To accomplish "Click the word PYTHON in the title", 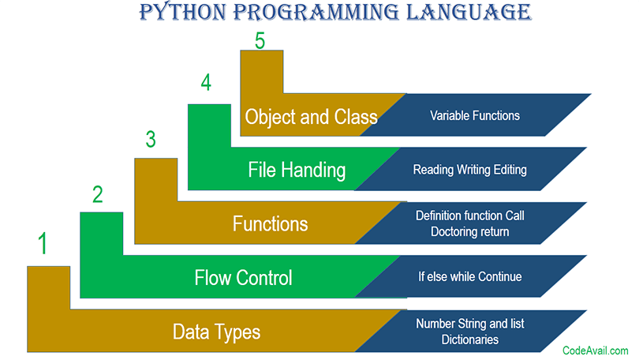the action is (182, 12).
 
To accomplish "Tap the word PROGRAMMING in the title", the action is (316, 12).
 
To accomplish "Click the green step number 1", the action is (43, 243).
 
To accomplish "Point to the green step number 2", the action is (97, 194).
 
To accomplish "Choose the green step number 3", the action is (151, 139).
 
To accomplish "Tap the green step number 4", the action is (206, 82).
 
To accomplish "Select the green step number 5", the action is (260, 41).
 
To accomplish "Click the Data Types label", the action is (216, 332).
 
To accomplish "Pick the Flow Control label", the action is (243, 278).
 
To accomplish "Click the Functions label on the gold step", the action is (270, 224).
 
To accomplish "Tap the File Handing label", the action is (297, 170).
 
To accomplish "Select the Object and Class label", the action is (311, 117).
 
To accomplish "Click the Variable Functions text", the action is (475, 116).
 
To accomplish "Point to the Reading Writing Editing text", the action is (470, 170).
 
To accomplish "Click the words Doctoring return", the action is (470, 231).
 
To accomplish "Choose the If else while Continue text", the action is (470, 277).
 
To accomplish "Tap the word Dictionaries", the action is (470, 339).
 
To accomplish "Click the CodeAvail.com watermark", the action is (596, 351).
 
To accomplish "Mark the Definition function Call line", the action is (470, 216).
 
